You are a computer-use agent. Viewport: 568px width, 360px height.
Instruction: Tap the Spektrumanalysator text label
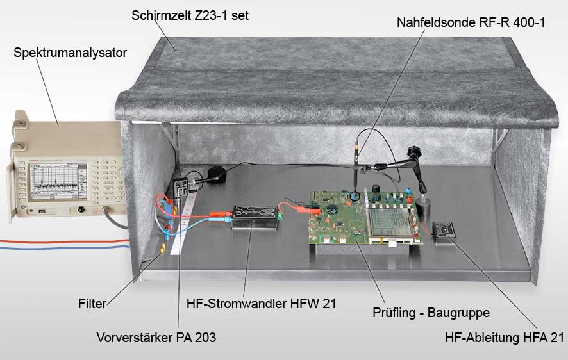pos(70,53)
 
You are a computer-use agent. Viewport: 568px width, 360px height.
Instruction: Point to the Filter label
pos(92,303)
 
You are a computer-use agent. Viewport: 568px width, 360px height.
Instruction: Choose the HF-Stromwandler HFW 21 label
pos(261,303)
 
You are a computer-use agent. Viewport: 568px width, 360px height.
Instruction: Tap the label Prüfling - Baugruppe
pos(431,313)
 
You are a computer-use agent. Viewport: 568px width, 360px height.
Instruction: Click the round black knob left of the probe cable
pos(217,174)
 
